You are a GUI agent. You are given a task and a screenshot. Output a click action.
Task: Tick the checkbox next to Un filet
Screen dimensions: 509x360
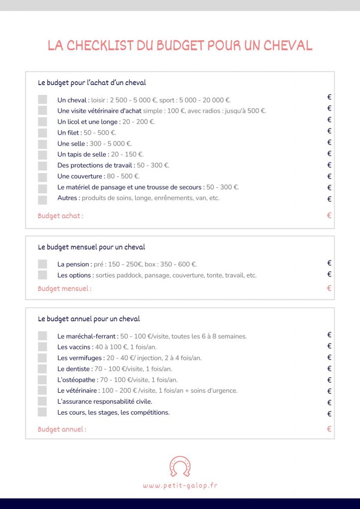pyautogui.click(x=42, y=133)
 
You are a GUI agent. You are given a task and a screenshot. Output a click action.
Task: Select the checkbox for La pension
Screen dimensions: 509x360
pyautogui.click(x=42, y=264)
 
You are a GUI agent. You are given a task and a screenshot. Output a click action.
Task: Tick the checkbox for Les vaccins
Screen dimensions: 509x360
pyautogui.click(x=42, y=347)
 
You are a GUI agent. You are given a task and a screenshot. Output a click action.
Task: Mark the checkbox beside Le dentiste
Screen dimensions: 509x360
pyautogui.click(x=42, y=369)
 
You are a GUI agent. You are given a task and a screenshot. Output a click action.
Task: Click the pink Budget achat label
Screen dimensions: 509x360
pyautogui.click(x=61, y=216)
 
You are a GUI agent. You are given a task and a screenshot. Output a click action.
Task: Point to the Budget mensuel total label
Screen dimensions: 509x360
pyautogui.click(x=65, y=288)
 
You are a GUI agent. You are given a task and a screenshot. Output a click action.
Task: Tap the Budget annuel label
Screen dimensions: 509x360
pyautogui.click(x=62, y=429)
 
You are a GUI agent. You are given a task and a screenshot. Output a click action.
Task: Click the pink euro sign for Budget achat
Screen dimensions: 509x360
pyautogui.click(x=329, y=216)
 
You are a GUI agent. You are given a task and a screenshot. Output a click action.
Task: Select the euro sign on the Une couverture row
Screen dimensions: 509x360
pyautogui.click(x=329, y=176)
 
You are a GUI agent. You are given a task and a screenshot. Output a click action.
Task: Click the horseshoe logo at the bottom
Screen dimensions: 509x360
pyautogui.click(x=180, y=466)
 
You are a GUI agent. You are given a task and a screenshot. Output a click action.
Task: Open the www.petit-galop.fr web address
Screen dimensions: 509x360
pyautogui.click(x=180, y=486)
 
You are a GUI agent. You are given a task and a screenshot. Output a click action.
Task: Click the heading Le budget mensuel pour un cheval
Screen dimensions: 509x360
pyautogui.click(x=91, y=247)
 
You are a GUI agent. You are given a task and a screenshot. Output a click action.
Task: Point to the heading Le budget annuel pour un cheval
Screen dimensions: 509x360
pyautogui.click(x=89, y=319)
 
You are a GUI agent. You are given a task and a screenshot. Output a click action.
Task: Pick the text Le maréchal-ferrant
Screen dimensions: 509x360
pyautogui.click(x=88, y=336)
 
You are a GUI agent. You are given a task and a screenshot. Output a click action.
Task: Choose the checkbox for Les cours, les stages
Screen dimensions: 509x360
pyautogui.click(x=42, y=412)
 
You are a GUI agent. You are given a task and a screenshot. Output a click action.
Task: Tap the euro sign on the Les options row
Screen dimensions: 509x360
pyautogui.click(x=329, y=274)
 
